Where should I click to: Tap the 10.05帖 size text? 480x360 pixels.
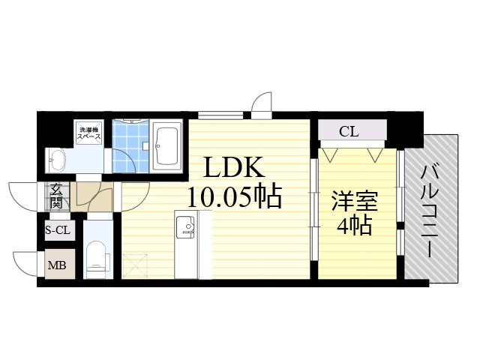pyautogui.click(x=235, y=197)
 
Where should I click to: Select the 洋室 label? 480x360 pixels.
pyautogui.click(x=354, y=200)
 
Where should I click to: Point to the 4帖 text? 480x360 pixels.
pyautogui.click(x=354, y=225)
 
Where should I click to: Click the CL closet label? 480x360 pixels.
pyautogui.click(x=349, y=133)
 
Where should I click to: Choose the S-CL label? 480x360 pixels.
pyautogui.click(x=58, y=231)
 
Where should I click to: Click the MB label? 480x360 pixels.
pyautogui.click(x=57, y=265)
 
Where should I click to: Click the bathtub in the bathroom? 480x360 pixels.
pyautogui.click(x=166, y=146)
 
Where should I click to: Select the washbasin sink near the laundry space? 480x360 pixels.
pyautogui.click(x=57, y=157)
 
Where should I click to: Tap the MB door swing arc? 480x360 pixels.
pyautogui.click(x=24, y=263)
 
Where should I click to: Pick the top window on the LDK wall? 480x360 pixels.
pyautogui.click(x=220, y=115)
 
